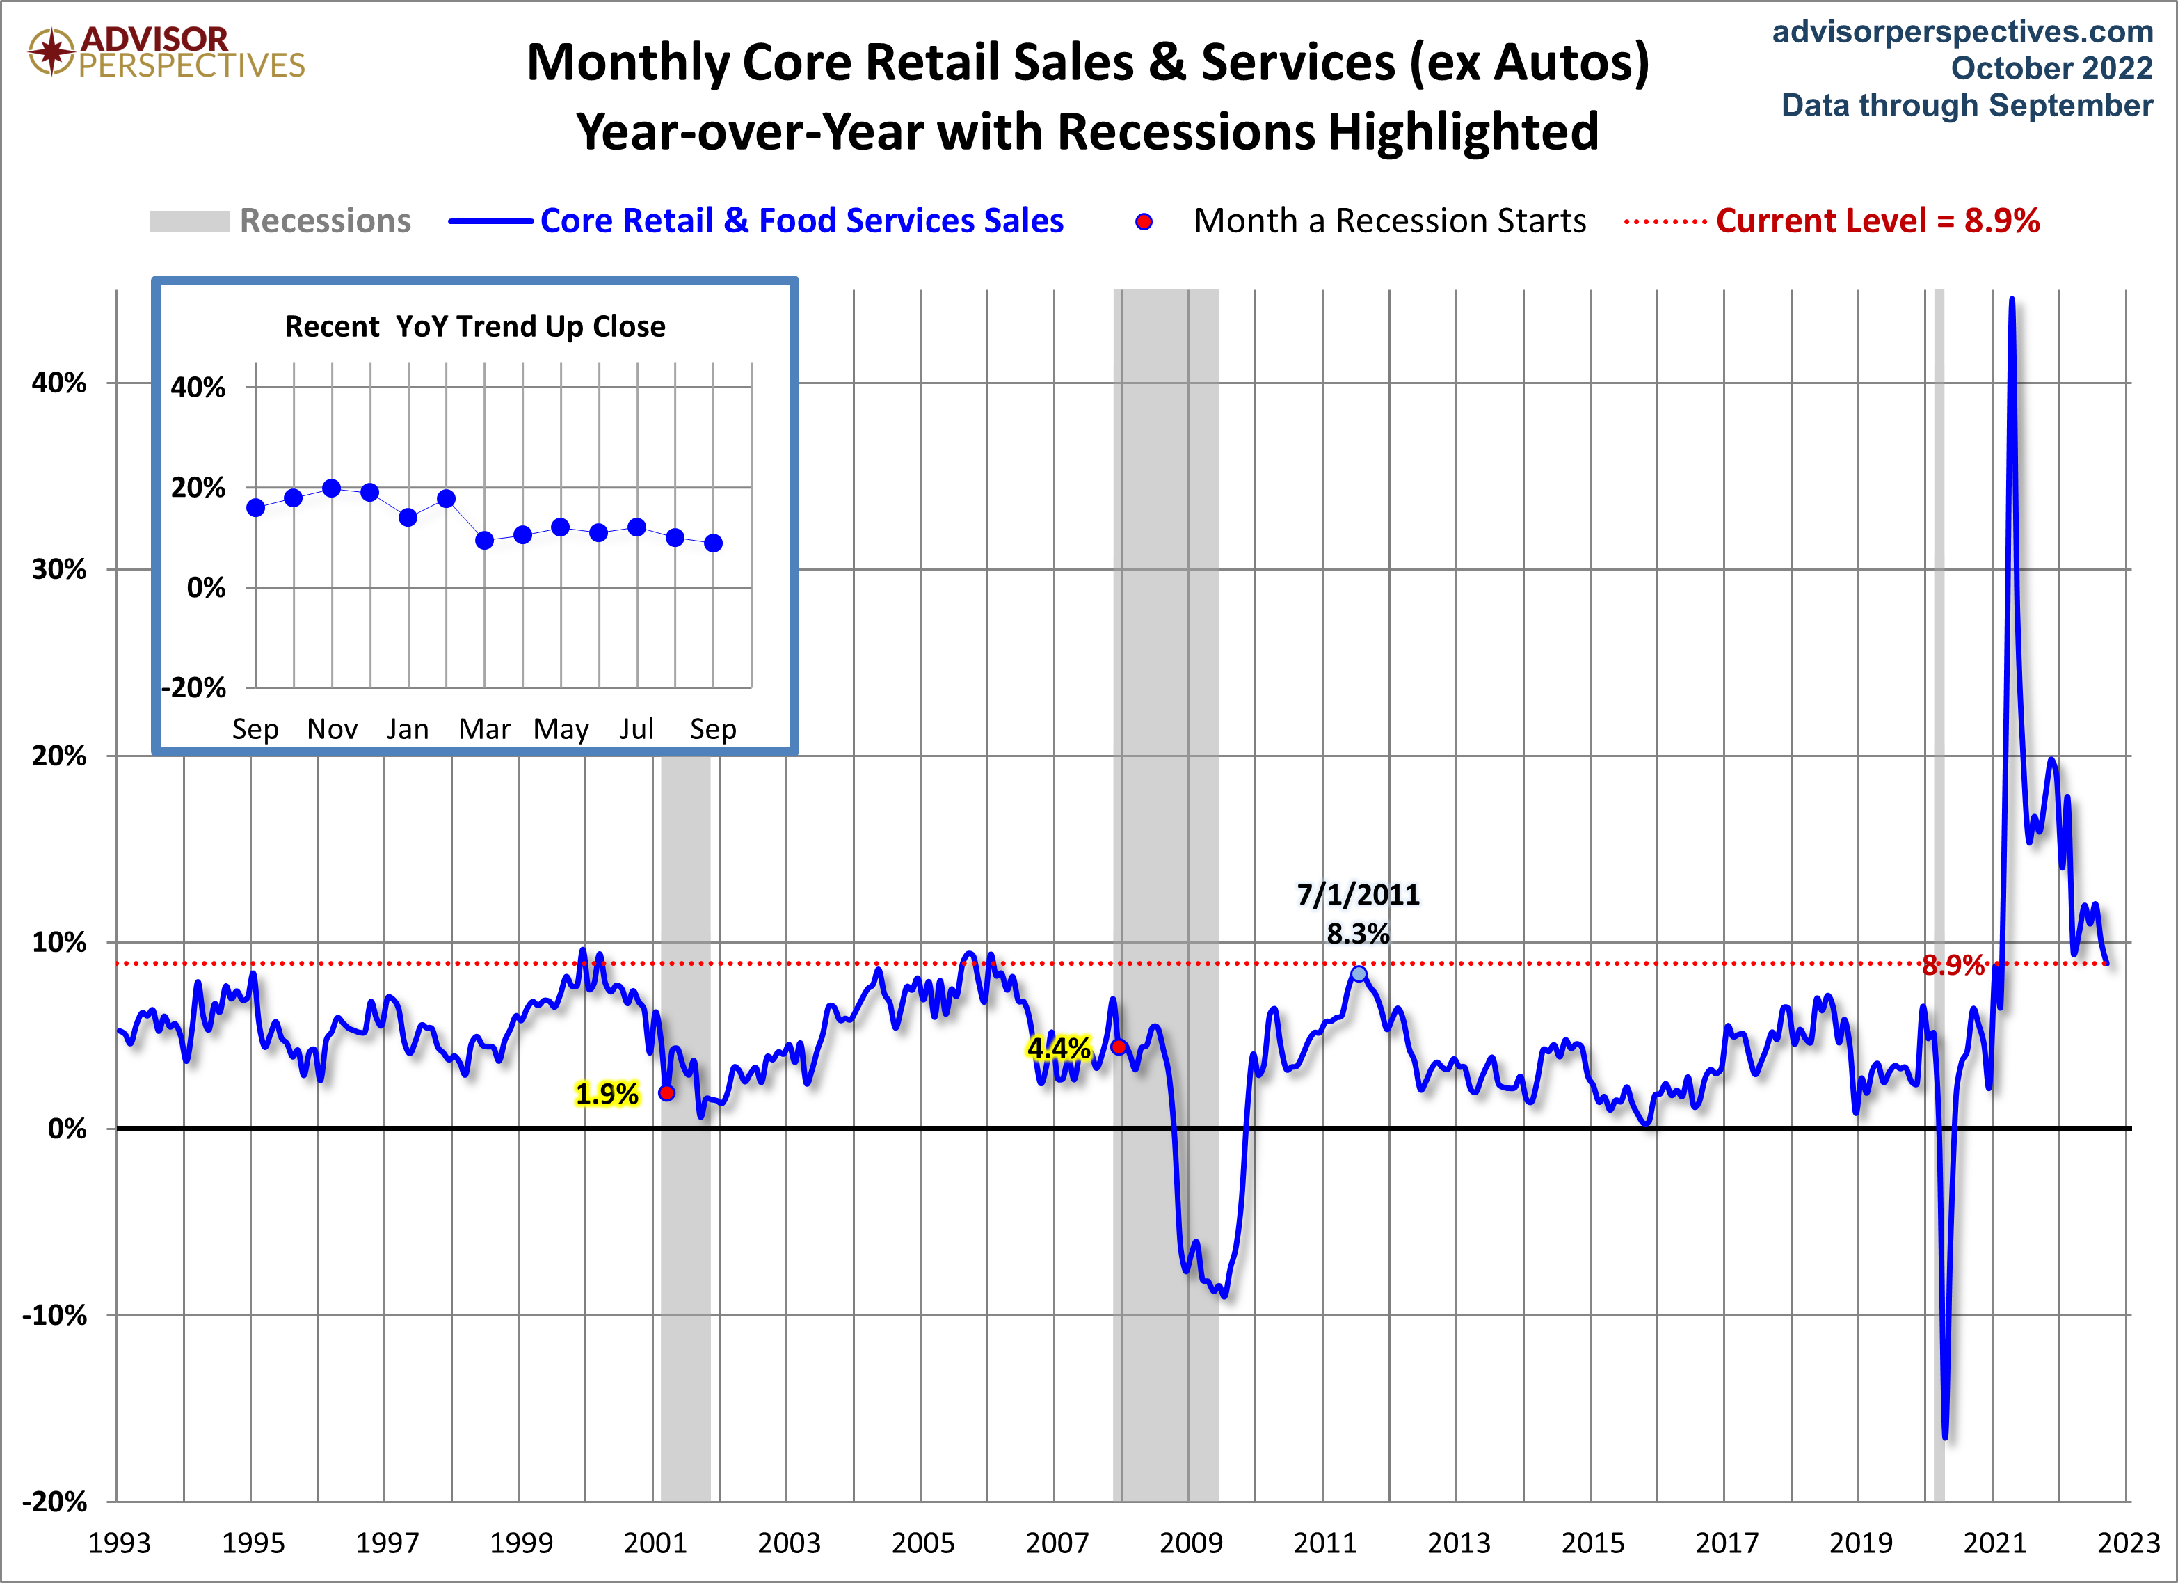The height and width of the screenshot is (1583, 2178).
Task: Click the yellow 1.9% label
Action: click(606, 1093)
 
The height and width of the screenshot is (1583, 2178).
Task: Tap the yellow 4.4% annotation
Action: click(1058, 1047)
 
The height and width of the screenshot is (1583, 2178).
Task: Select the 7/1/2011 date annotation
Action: click(1358, 894)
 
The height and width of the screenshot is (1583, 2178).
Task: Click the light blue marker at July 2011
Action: click(1359, 974)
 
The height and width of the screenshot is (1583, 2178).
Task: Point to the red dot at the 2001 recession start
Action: click(666, 1092)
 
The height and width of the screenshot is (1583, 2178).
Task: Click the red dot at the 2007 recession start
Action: click(1119, 1046)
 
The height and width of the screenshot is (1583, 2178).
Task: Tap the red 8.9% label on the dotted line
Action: click(1953, 965)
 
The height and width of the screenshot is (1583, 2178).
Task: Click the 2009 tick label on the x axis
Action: click(1191, 1543)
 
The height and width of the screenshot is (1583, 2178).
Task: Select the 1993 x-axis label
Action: click(119, 1543)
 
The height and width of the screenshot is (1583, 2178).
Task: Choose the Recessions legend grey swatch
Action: click(189, 221)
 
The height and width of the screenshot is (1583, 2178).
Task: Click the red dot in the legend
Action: click(1144, 222)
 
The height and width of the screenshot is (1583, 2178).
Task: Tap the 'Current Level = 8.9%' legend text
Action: click(1877, 221)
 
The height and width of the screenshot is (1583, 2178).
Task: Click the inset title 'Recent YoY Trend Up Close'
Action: click(474, 326)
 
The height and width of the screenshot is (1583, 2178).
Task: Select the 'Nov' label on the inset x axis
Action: click(333, 729)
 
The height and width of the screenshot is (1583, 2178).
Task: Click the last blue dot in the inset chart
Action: click(712, 543)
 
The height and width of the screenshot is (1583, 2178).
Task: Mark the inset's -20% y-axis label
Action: click(194, 687)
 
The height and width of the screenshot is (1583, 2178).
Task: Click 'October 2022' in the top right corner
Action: click(2051, 68)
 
